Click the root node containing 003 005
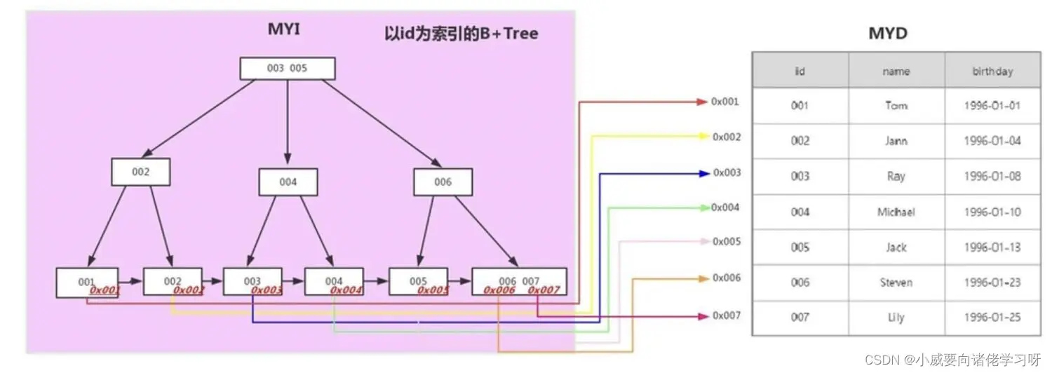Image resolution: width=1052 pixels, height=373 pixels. [288, 69]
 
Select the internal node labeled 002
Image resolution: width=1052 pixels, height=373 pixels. [140, 172]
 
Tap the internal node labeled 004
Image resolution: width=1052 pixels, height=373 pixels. [288, 182]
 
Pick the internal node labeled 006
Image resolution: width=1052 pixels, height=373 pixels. [443, 182]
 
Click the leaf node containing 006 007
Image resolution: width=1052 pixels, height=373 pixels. [519, 282]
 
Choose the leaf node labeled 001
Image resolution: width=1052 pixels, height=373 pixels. [87, 282]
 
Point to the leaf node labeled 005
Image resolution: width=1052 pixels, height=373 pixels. [418, 282]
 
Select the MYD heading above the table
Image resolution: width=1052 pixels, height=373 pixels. [889, 34]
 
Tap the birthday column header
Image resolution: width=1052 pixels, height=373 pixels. [992, 71]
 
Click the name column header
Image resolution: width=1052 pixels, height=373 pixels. [896, 71]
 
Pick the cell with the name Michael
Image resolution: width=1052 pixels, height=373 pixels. [896, 212]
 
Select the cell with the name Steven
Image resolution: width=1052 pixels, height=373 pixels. [896, 283]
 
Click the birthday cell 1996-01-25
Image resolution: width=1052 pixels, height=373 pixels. [992, 318]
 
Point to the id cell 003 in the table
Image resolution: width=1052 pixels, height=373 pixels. [800, 177]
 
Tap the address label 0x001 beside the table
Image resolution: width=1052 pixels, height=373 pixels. [725, 102]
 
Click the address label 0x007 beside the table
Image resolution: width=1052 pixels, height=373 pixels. [727, 316]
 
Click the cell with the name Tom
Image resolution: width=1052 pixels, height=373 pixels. [896, 106]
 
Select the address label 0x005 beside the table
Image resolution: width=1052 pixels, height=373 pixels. [727, 242]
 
